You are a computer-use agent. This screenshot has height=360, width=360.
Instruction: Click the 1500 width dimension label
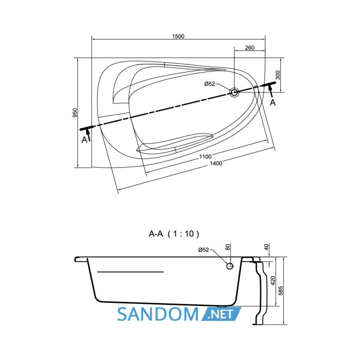click(x=178, y=37)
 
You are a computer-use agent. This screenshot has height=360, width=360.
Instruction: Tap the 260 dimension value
click(x=249, y=47)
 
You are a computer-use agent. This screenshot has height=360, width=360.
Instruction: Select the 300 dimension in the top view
click(x=278, y=75)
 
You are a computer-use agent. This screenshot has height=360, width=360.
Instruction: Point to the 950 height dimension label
click(x=75, y=113)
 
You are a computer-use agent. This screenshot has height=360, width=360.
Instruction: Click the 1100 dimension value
click(x=205, y=156)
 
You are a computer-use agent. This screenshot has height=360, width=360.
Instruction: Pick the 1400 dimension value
click(x=216, y=163)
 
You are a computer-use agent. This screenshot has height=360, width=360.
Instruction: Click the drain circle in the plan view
click(x=234, y=92)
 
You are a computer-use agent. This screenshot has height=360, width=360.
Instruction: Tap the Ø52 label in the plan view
click(x=210, y=84)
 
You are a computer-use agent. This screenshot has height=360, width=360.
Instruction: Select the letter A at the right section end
click(x=273, y=102)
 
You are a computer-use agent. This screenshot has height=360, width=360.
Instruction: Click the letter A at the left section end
click(x=84, y=139)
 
